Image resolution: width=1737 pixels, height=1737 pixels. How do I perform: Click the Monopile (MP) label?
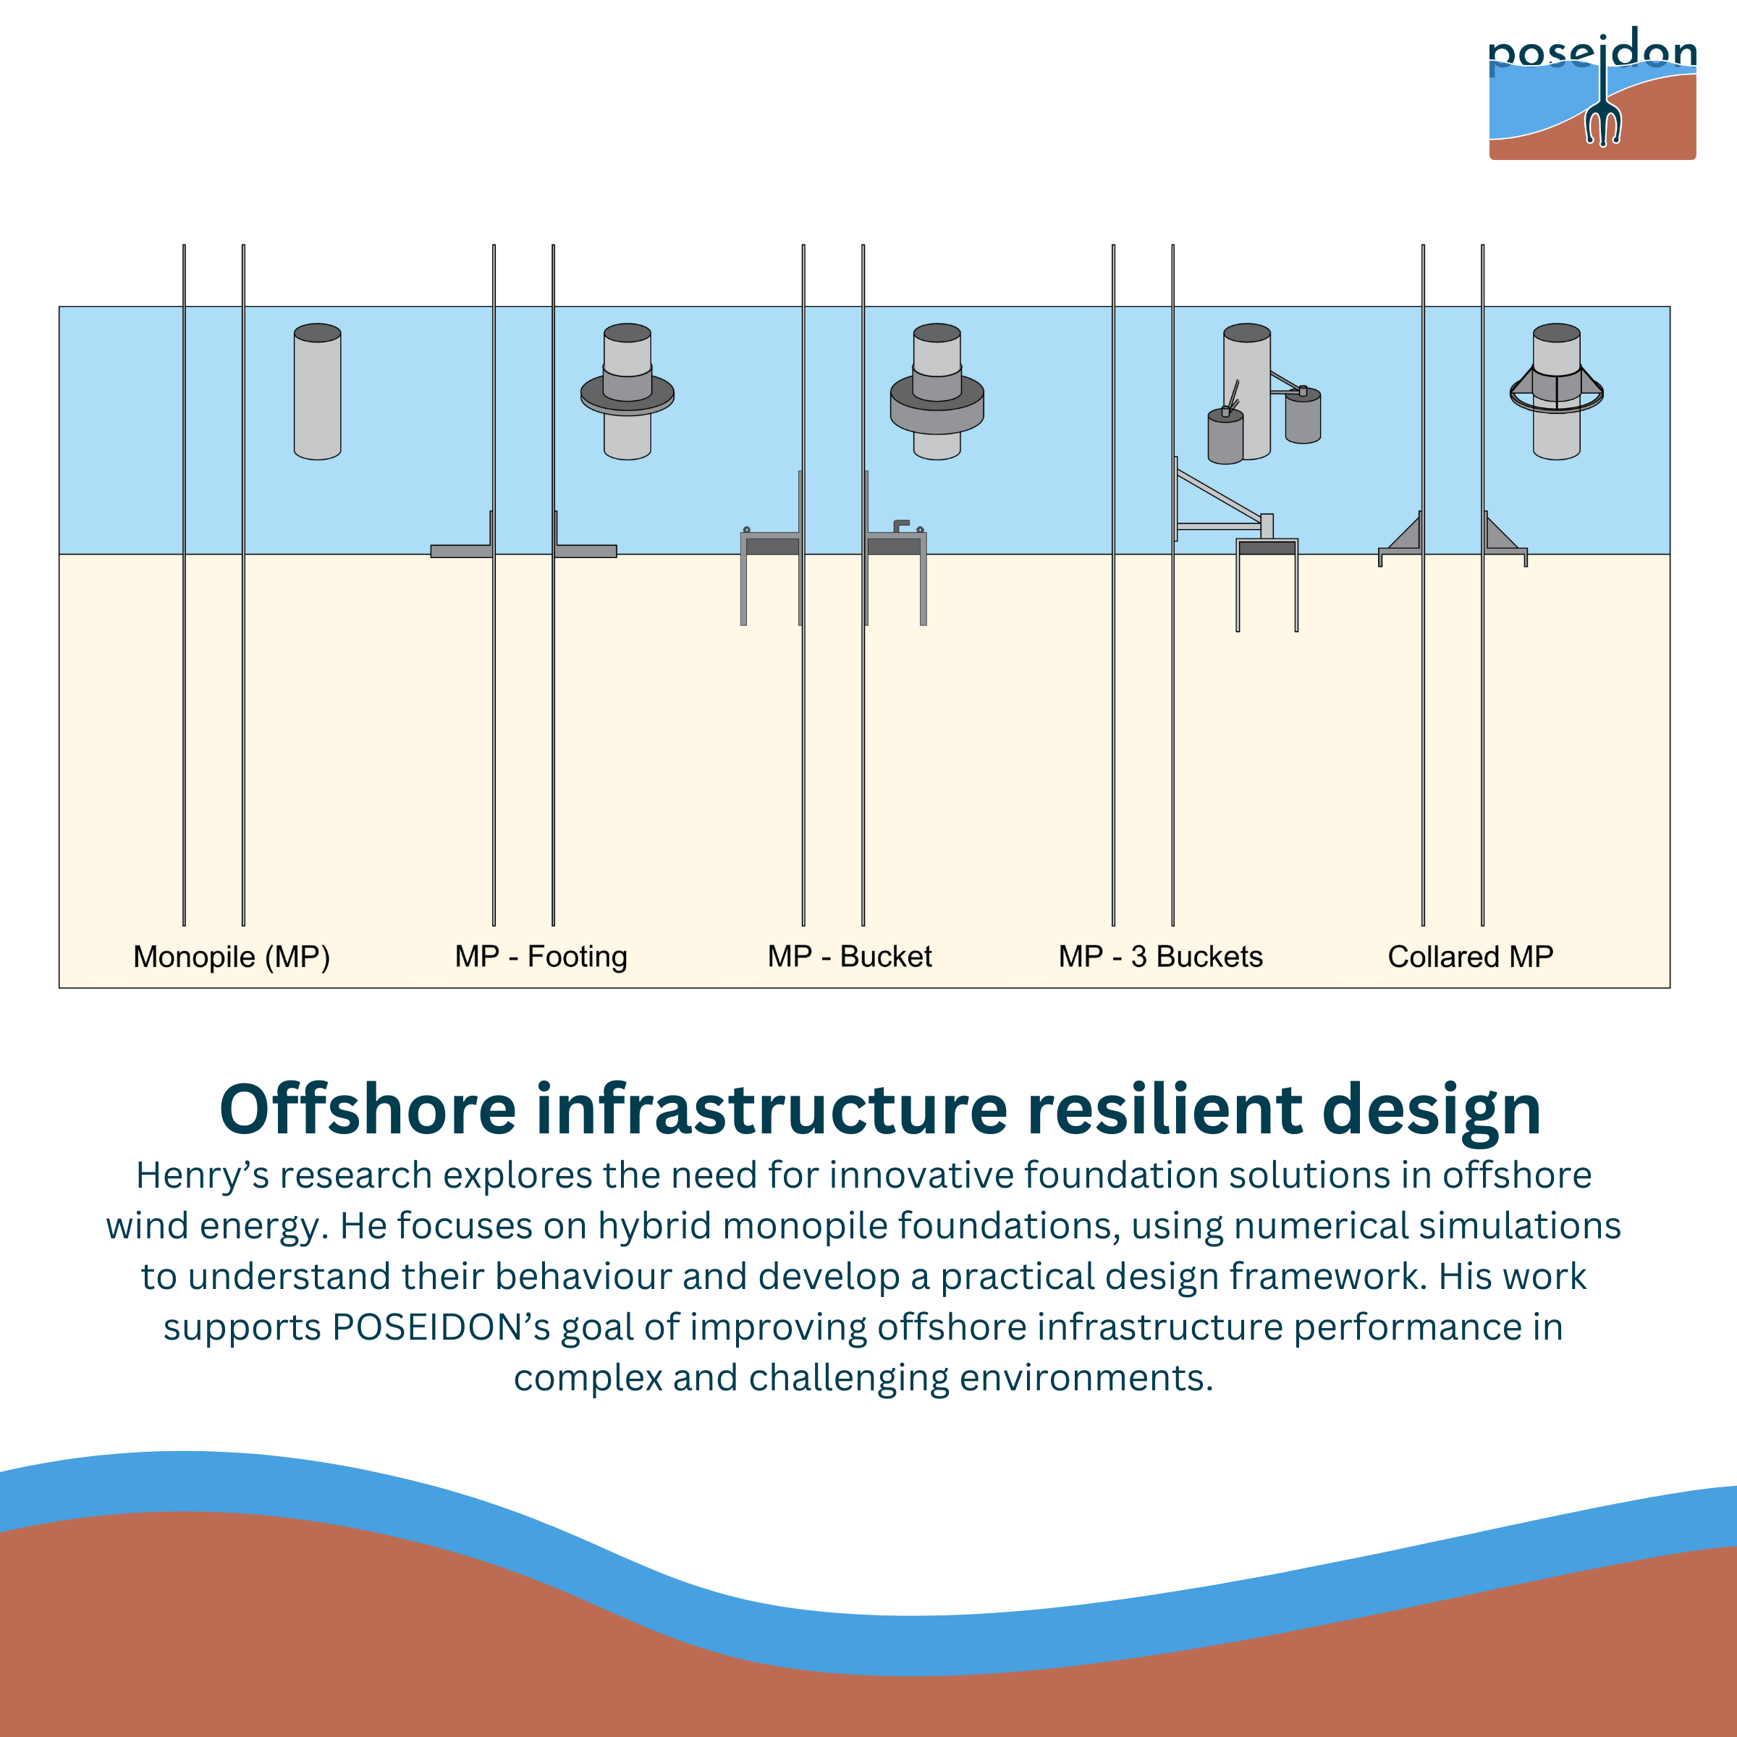pyautogui.click(x=232, y=958)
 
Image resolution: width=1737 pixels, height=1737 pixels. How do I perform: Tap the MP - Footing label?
pyautogui.click(x=541, y=958)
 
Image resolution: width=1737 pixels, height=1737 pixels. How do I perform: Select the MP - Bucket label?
pyautogui.click(x=850, y=957)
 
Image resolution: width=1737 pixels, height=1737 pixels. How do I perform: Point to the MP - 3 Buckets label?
pyautogui.click(x=1161, y=957)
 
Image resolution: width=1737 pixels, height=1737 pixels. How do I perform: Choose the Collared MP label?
pyautogui.click(x=1471, y=957)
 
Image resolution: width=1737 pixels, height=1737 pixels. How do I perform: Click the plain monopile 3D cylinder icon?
pyautogui.click(x=318, y=392)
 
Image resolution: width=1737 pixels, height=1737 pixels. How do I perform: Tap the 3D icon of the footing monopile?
pyautogui.click(x=627, y=392)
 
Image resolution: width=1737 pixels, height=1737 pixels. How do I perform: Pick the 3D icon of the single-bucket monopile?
pyautogui.click(x=937, y=392)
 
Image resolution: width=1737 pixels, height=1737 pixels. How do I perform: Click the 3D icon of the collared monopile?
pyautogui.click(x=1556, y=392)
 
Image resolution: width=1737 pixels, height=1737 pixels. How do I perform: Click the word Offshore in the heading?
pyautogui.click(x=368, y=1109)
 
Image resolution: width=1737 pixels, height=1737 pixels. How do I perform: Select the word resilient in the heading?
pyautogui.click(x=1165, y=1109)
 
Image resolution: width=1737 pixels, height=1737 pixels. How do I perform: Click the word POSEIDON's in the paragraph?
pyautogui.click(x=441, y=1328)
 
